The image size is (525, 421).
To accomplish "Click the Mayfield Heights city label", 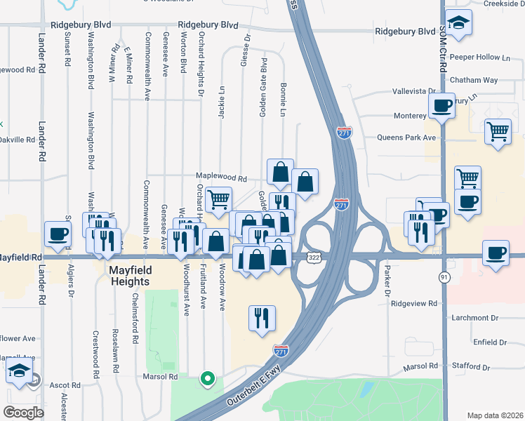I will coord(138,276).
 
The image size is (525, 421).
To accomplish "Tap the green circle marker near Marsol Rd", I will coord(207,380).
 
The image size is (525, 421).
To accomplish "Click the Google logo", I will coord(23,413).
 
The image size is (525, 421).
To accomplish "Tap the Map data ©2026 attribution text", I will coord(495,415).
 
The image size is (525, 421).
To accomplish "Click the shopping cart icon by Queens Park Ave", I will coord(498,131).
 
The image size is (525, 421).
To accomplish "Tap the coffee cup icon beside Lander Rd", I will coord(58,234).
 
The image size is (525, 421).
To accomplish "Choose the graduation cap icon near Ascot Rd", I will coord(20,371).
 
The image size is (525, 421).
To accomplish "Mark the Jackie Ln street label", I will coord(222,101).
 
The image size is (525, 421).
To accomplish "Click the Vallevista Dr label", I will coord(414,91).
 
